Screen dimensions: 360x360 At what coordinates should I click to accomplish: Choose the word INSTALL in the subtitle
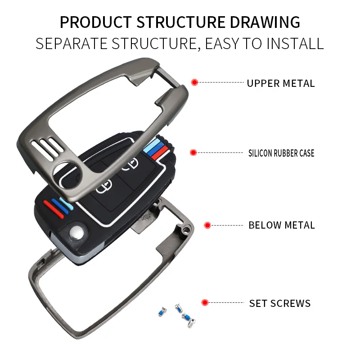[x=295, y=44]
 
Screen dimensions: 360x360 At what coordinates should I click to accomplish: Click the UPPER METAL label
[x=281, y=83]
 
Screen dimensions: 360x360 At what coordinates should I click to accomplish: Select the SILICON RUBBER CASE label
[x=281, y=153]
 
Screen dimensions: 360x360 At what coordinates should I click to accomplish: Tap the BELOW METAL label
[x=282, y=225]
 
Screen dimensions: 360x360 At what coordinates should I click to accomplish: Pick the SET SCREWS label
[x=280, y=303]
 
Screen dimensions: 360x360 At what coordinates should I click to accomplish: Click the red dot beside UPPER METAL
[x=194, y=82]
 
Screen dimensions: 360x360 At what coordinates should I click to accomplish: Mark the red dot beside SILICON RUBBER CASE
[x=193, y=153]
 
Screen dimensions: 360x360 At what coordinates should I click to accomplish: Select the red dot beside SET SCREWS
[x=205, y=302]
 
